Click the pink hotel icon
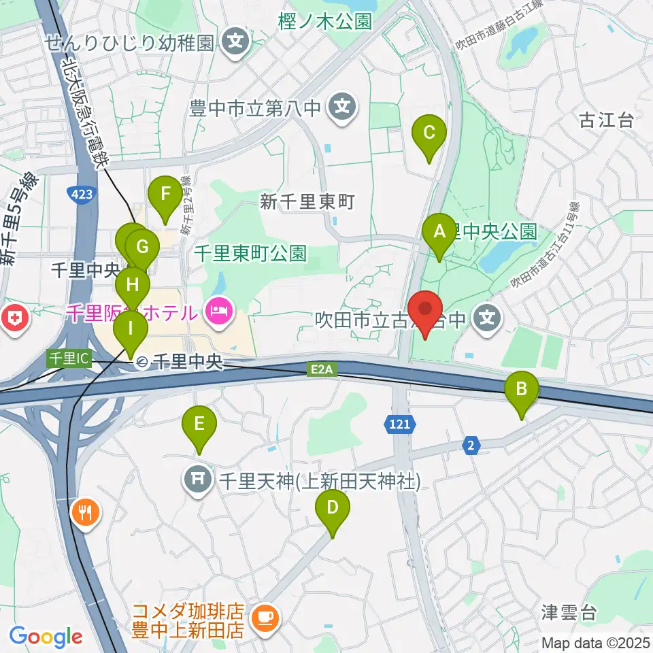click(217, 313)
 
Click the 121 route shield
click(401, 424)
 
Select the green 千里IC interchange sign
click(68, 358)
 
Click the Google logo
click(46, 637)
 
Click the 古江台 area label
click(606, 121)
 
